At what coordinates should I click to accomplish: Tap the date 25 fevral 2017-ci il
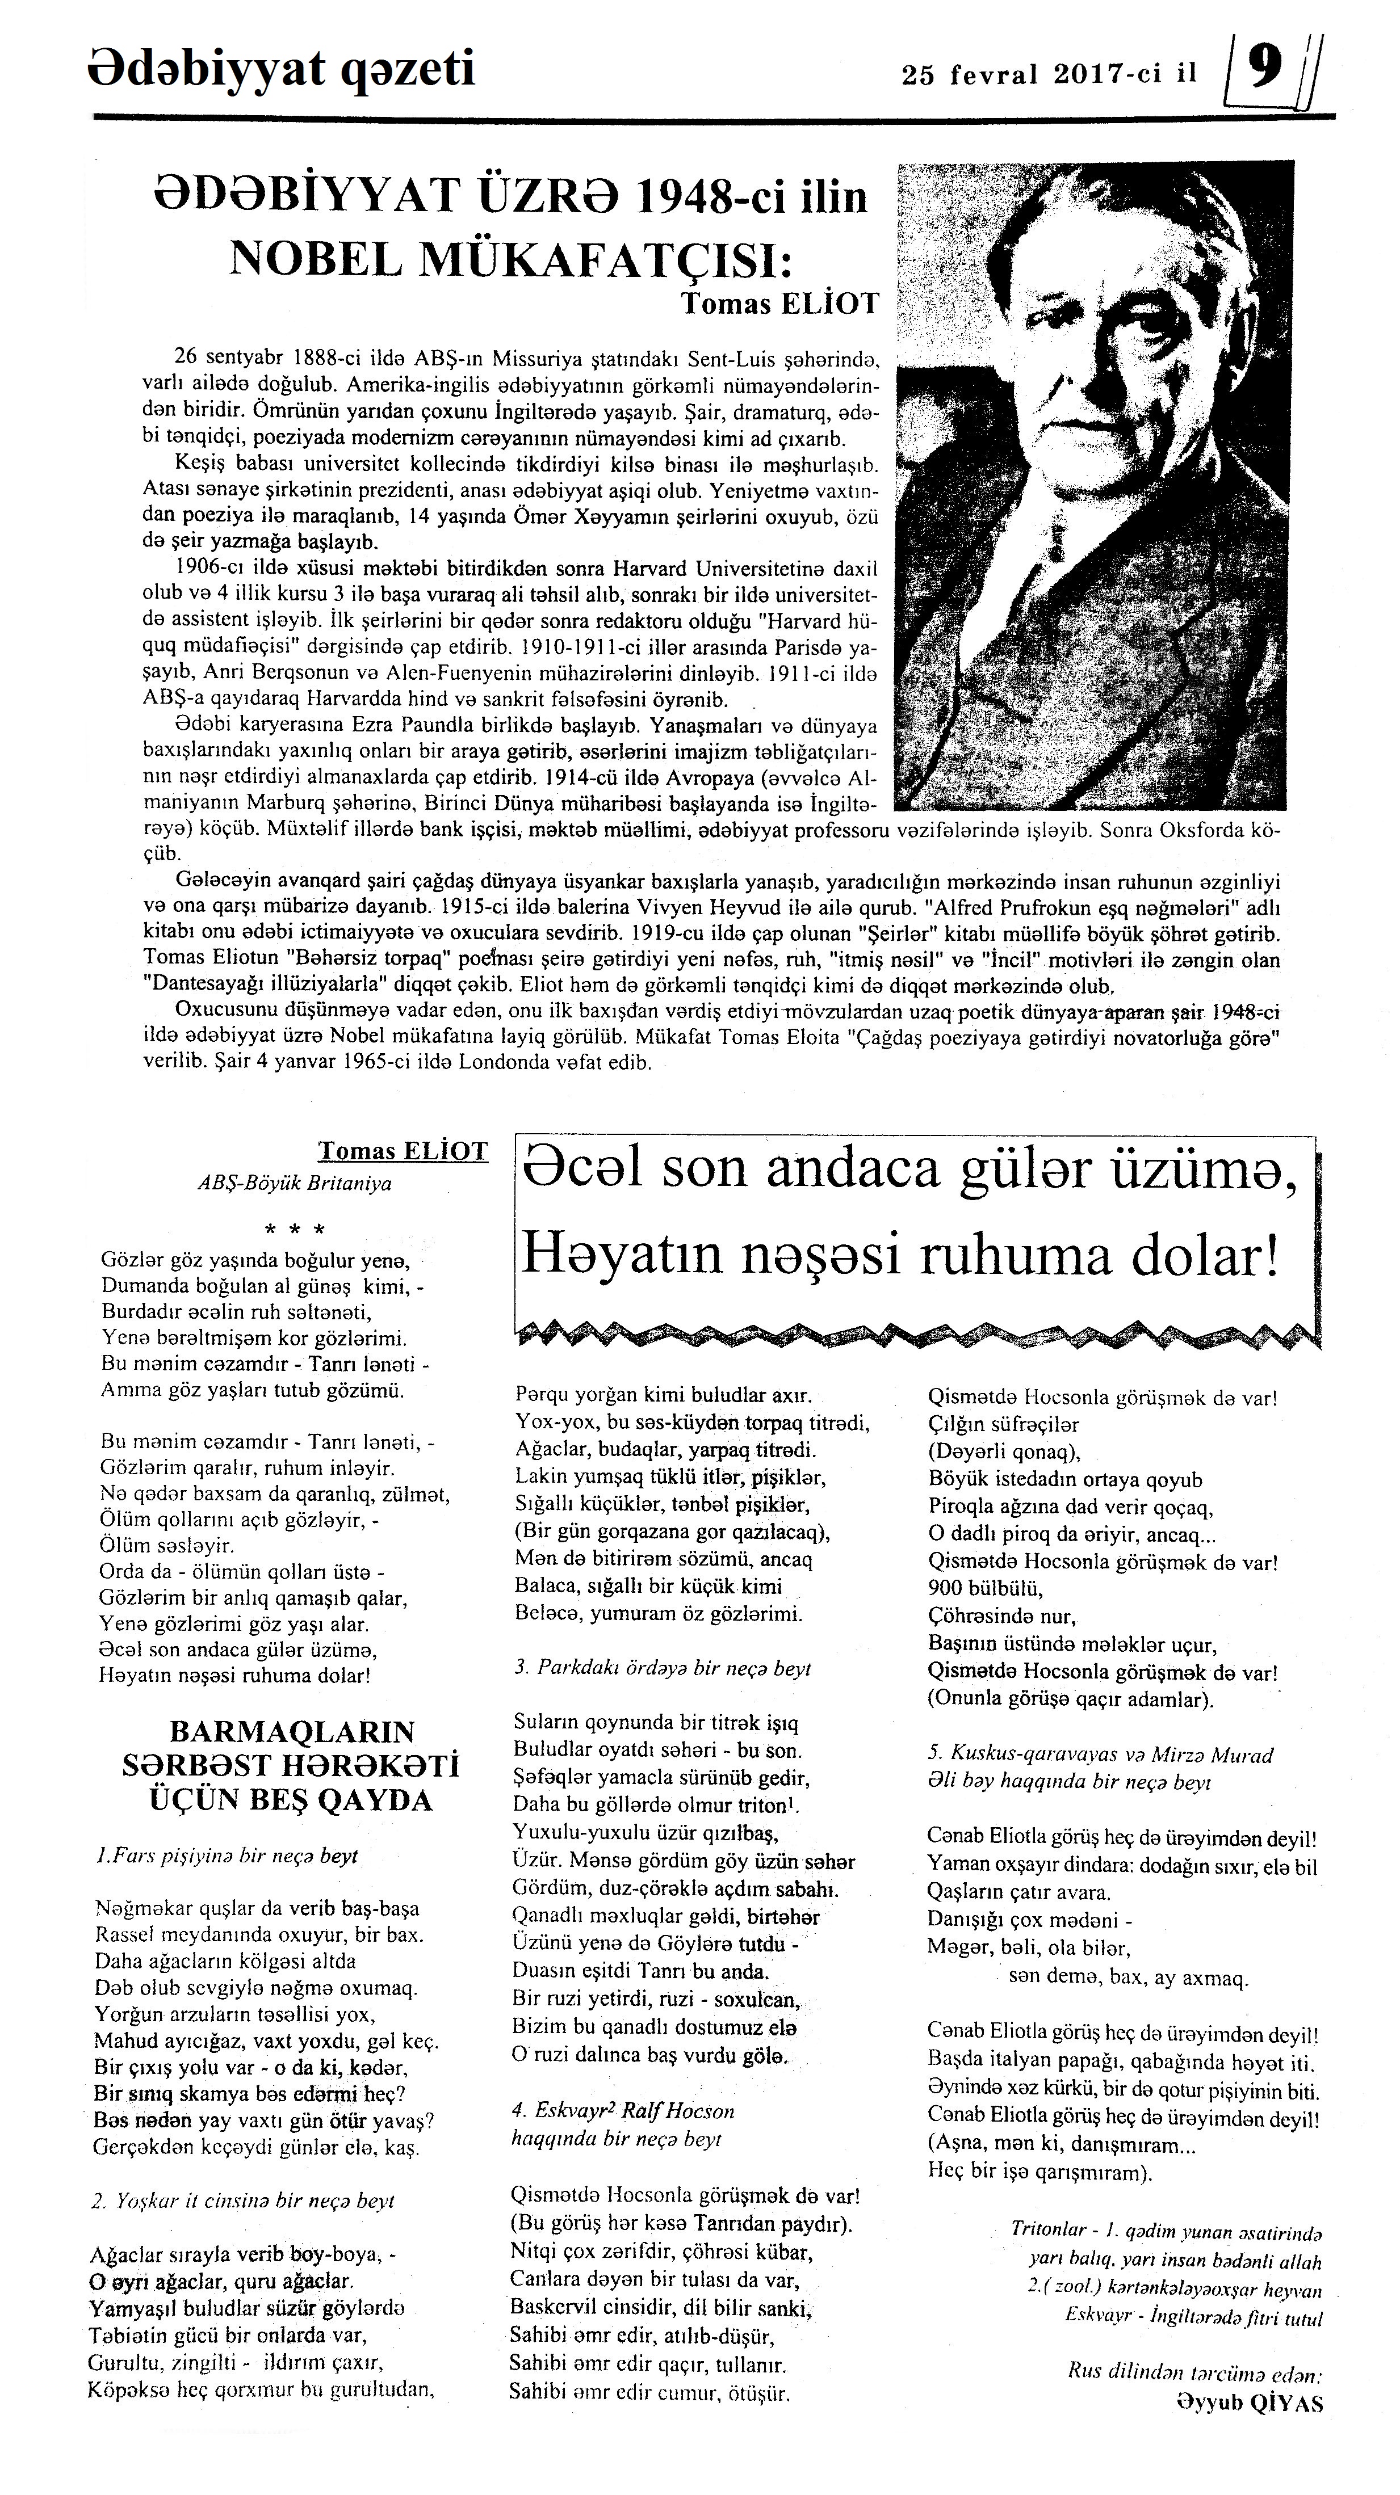[1049, 74]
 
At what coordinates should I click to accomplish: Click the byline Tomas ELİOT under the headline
[780, 303]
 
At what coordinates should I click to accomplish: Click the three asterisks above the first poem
[295, 1230]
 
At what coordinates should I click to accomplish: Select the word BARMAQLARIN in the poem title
[292, 1731]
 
